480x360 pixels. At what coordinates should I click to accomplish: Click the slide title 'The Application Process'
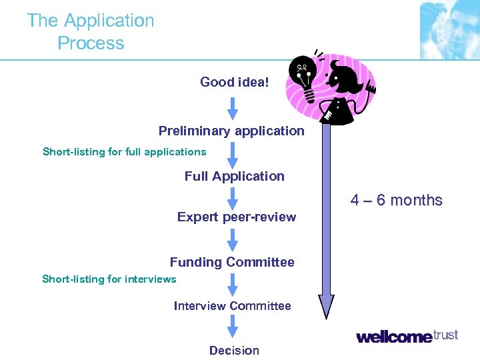(91, 31)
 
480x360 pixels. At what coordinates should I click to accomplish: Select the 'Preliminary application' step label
(231, 131)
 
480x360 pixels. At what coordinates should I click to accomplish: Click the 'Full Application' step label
(234, 176)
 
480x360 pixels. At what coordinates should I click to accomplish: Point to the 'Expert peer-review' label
(237, 217)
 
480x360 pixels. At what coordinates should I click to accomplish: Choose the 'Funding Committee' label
(232, 262)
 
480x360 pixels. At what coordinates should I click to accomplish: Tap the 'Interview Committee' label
(232, 306)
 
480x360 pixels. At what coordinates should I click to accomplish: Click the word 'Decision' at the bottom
(234, 350)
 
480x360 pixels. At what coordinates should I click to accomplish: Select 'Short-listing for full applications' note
(125, 151)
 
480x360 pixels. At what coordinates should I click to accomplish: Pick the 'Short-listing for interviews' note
(109, 279)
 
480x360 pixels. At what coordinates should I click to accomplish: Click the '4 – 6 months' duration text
(397, 200)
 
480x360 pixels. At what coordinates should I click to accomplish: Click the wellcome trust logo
(407, 335)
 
